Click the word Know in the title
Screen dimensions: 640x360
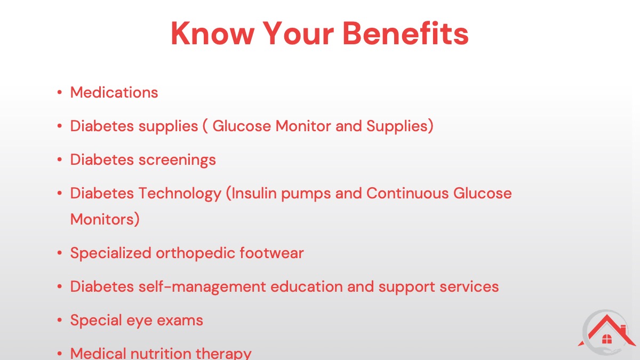pos(213,34)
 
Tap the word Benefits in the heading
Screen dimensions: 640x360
pos(405,33)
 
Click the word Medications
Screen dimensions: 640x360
pos(114,92)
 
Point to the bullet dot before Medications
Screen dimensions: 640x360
pos(59,92)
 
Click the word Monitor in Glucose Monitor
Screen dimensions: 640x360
pos(303,126)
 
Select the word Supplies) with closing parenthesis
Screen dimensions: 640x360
pos(400,126)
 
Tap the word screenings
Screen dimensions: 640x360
pos(177,160)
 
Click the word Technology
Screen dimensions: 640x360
pos(180,194)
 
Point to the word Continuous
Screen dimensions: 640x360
pos(407,193)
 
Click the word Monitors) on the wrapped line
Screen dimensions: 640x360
pos(105,219)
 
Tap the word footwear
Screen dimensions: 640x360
pos(271,253)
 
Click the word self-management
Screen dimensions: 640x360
pos(202,287)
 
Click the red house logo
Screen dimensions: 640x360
pos(606,331)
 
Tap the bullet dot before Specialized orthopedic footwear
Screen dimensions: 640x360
pos(59,253)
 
